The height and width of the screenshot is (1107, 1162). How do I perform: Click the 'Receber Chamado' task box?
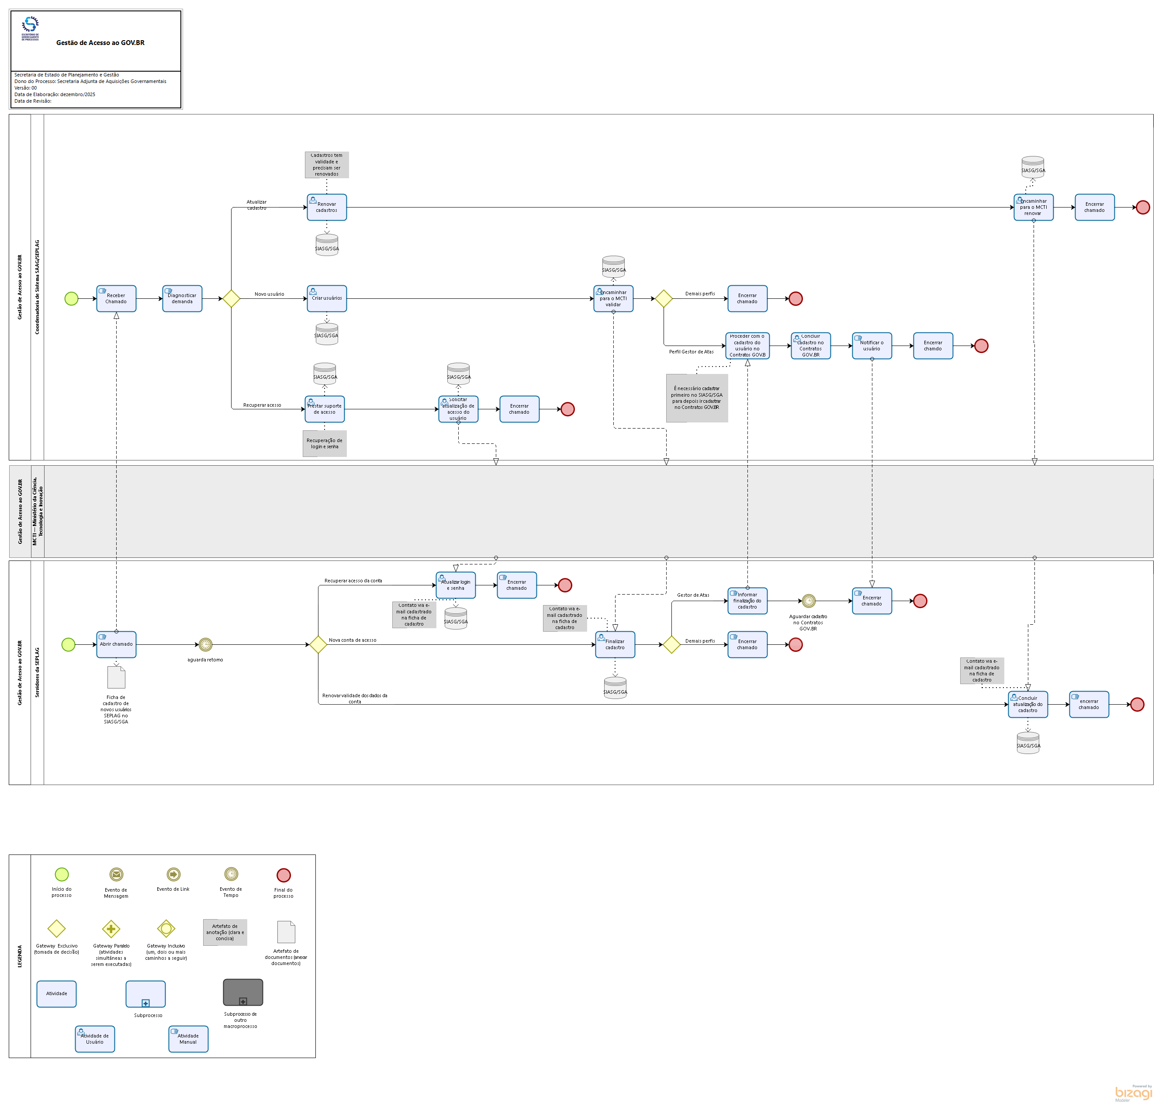pos(116,298)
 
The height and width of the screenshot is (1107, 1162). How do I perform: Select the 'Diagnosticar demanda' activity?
pos(182,298)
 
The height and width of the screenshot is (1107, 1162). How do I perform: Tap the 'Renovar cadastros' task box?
pos(327,207)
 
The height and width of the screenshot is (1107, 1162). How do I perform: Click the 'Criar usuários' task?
pos(327,298)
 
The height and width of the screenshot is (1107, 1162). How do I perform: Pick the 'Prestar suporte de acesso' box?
pos(325,409)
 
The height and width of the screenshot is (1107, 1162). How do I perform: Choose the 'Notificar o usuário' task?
pos(871,346)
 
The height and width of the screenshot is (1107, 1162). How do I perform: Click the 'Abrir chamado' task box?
pos(116,644)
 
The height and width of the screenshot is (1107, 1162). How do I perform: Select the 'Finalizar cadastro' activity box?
pos(615,644)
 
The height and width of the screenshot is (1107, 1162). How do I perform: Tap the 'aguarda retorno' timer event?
pos(205,644)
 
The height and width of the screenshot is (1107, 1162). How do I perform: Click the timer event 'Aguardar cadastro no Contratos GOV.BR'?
pos(809,601)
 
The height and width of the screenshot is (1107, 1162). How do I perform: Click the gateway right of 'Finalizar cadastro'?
pos(671,644)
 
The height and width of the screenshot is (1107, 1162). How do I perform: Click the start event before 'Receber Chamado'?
pos(71,298)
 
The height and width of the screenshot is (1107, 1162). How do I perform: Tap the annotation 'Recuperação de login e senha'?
pos(325,444)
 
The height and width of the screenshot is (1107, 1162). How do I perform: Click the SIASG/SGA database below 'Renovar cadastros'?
pos(327,245)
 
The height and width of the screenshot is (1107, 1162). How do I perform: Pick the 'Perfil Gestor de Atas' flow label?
pos(691,352)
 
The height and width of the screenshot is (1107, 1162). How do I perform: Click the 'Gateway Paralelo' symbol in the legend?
pos(111,929)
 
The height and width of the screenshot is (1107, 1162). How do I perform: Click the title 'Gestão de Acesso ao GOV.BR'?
pos(100,42)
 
